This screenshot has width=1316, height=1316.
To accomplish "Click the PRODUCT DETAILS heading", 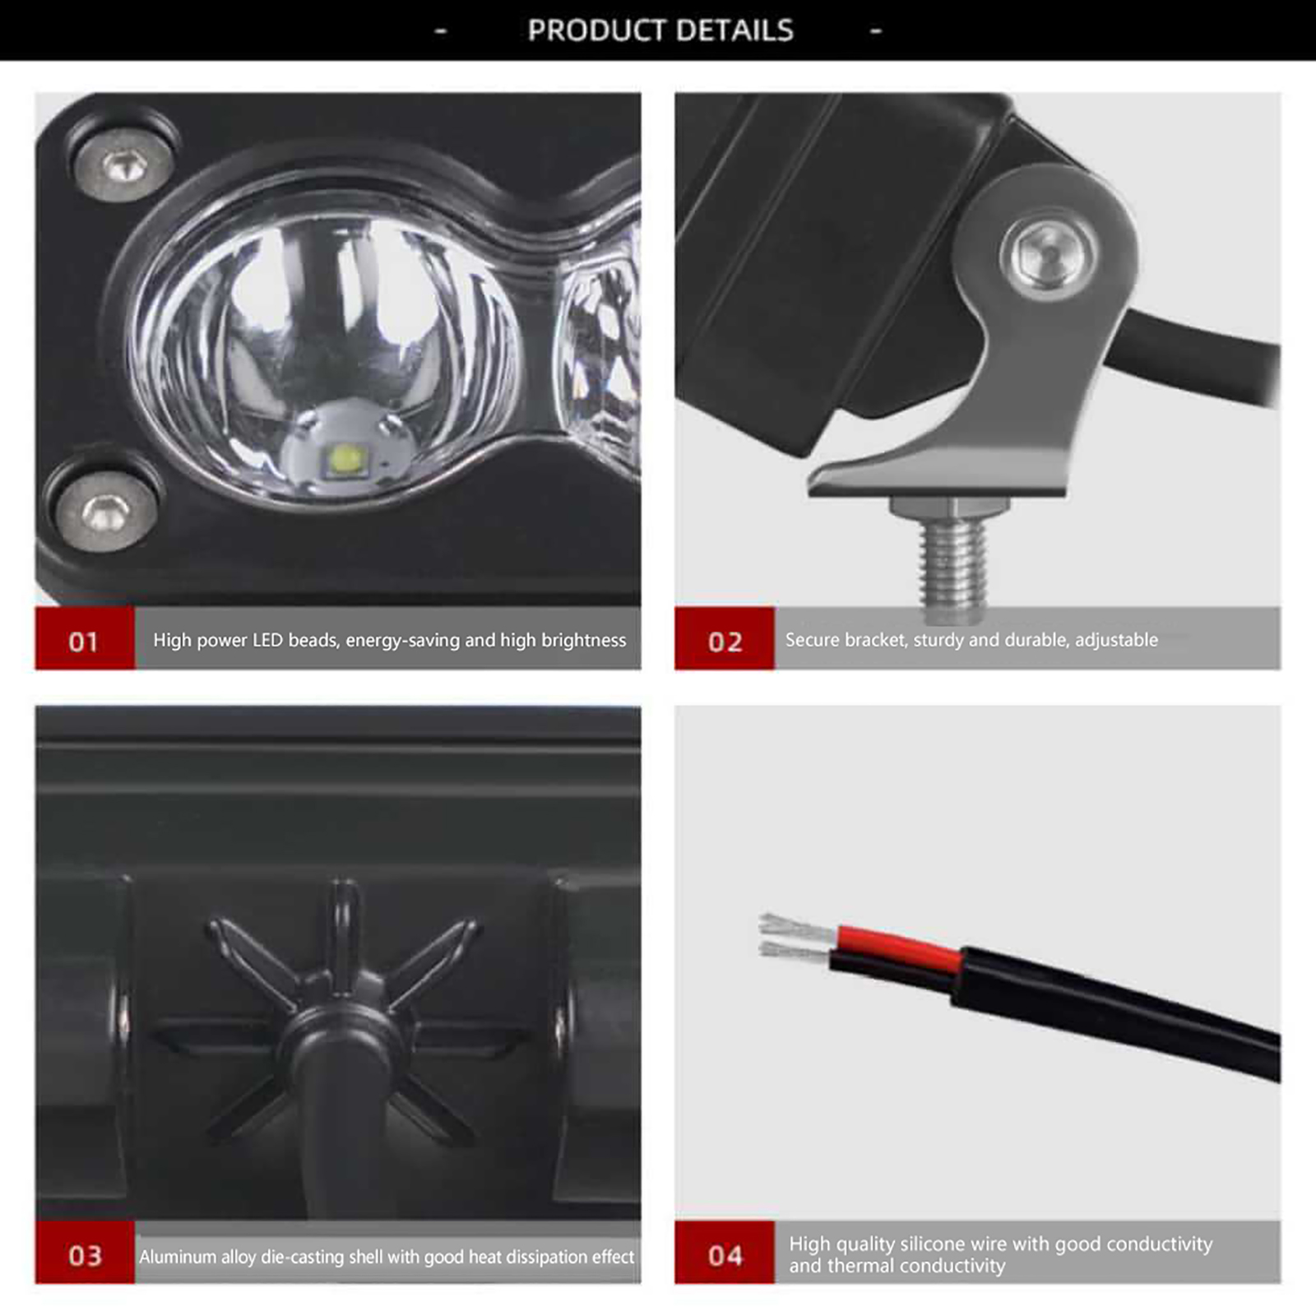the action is coord(660,30).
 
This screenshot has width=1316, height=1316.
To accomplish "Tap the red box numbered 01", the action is coord(85,638).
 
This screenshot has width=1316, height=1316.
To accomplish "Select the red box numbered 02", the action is coord(725,638).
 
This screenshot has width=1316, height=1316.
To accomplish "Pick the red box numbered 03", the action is coord(85,1253).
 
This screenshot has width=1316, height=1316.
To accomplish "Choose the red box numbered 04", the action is coord(725,1253).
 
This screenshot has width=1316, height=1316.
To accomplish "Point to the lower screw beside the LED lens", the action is coord(105,513).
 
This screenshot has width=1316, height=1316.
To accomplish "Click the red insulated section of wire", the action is coord(898,948).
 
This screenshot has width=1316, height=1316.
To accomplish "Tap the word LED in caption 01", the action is coord(268,640).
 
